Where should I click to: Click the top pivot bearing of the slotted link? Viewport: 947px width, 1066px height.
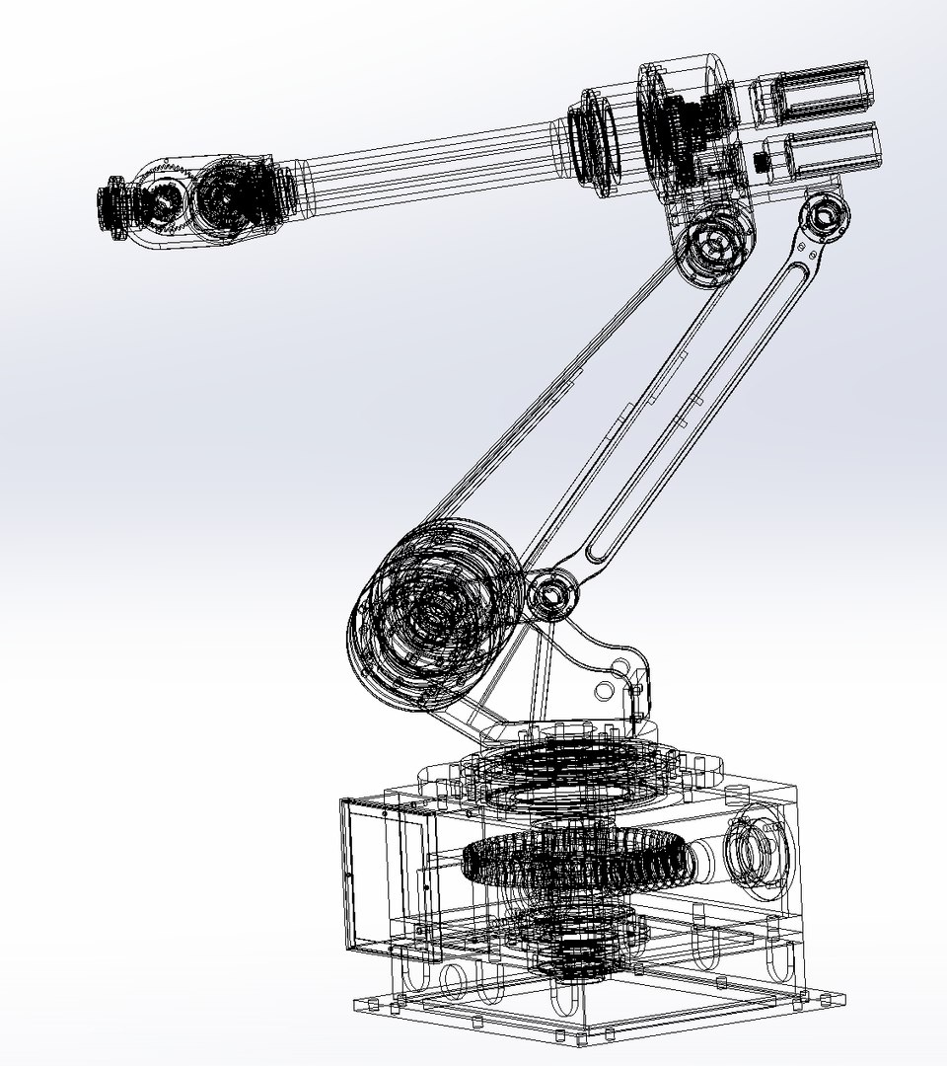(825, 215)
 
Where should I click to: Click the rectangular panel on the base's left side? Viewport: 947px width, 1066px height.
(380, 869)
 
